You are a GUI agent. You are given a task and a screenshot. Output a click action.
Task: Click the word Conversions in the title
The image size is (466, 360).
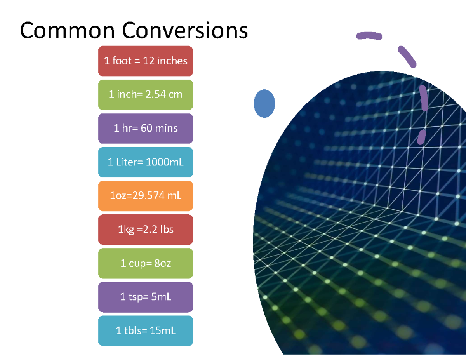point(185,31)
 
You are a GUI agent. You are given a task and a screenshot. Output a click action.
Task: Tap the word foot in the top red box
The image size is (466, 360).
point(122,61)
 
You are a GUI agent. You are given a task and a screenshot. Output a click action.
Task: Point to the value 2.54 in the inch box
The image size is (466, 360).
point(155,94)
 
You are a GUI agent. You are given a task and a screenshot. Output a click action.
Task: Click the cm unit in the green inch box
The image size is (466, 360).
point(175,94)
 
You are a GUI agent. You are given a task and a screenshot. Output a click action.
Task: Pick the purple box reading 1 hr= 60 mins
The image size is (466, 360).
point(146,129)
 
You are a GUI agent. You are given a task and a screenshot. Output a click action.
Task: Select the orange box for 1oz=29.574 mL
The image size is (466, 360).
point(146,196)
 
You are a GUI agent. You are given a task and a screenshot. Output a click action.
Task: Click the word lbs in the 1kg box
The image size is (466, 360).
point(166,230)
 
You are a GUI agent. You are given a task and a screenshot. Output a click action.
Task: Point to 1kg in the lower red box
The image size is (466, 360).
point(125,230)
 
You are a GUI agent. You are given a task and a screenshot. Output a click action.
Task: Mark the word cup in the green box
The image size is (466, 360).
point(136,263)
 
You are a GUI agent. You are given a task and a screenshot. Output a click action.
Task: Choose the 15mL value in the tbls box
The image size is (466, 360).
point(163,331)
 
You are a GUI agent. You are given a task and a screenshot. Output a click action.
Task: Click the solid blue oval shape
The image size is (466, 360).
point(264,104)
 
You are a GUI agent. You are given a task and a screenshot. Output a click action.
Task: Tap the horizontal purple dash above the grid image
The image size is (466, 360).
point(369,36)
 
